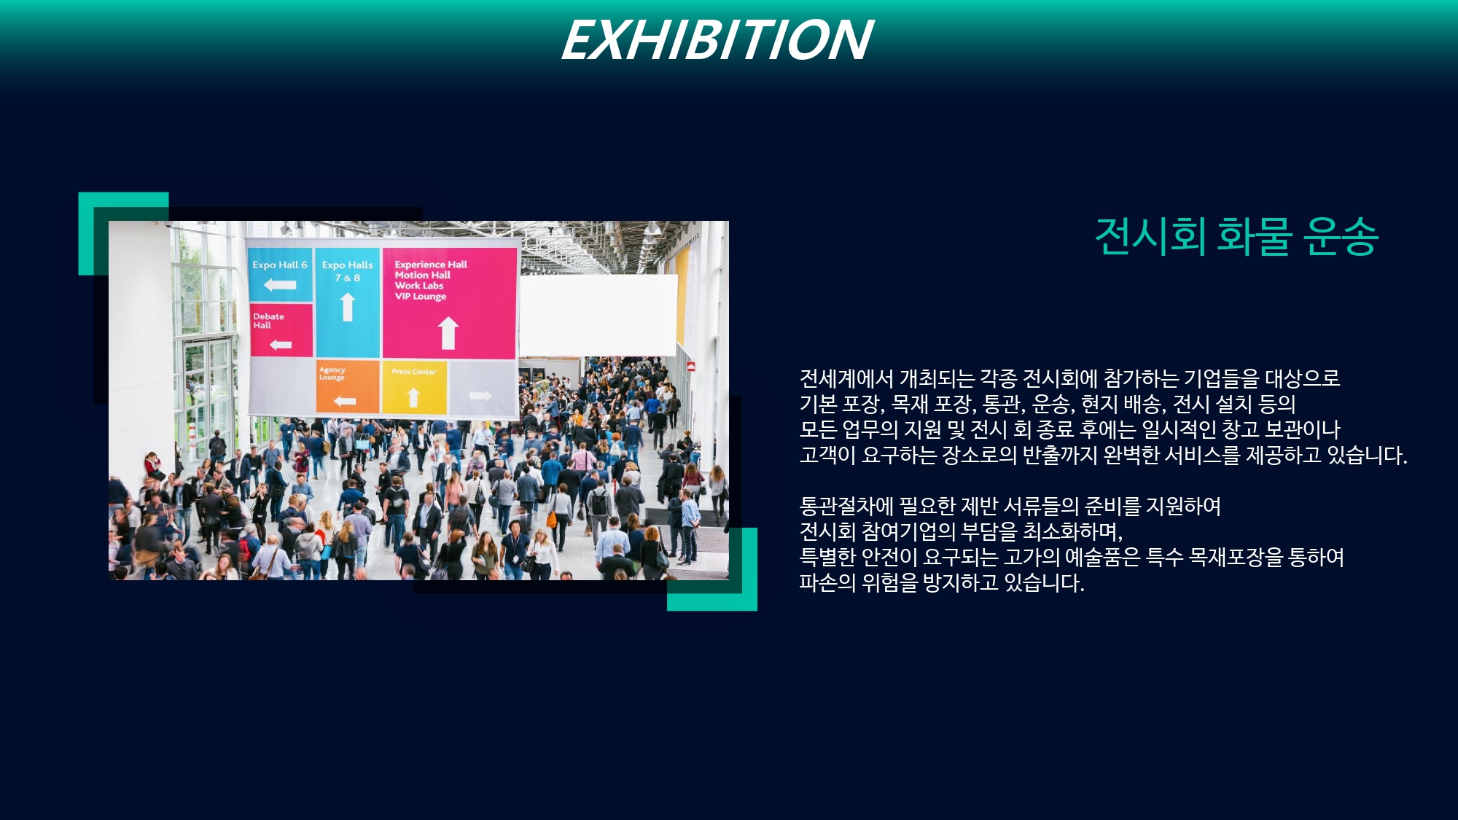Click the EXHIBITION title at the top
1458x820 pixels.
tap(717, 40)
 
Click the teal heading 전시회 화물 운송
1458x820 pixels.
tap(1236, 236)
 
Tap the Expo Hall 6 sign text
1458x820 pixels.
tap(280, 265)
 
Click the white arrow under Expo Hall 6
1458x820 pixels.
tap(280, 285)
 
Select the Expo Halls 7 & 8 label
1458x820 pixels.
tap(347, 270)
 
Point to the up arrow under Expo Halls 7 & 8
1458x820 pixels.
tap(348, 307)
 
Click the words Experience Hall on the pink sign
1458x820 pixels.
tap(431, 265)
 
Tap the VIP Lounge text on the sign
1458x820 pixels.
tap(421, 297)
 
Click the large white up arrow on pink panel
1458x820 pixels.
tap(448, 333)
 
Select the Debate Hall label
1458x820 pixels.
tap(268, 321)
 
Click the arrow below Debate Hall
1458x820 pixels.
tap(281, 345)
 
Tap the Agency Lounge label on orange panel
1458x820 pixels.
tap(332, 373)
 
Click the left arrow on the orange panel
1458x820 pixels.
tap(345, 401)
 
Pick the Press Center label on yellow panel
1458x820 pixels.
tap(414, 372)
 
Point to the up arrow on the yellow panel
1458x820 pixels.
tap(413, 397)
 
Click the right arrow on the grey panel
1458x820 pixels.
tap(480, 396)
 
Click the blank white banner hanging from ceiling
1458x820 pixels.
tap(599, 315)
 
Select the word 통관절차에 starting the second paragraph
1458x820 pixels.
tap(846, 506)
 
